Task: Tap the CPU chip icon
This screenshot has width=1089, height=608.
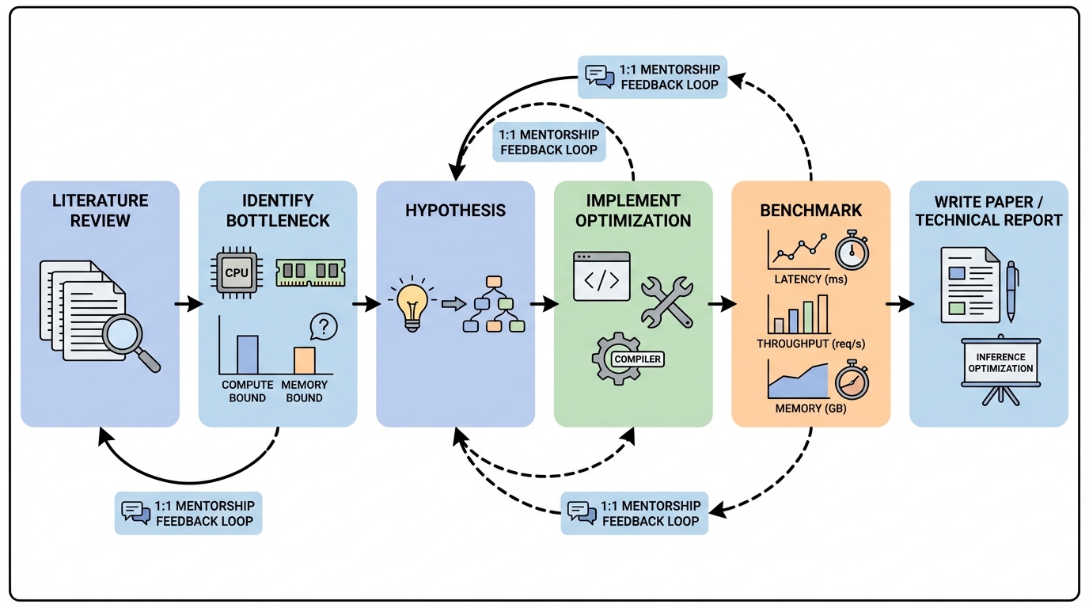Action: point(237,272)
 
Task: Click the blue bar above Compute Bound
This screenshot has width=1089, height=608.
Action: point(248,354)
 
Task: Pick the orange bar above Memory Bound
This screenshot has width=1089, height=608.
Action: point(305,360)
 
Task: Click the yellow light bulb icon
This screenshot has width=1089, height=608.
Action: point(412,305)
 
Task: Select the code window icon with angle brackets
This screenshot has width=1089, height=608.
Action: point(601,276)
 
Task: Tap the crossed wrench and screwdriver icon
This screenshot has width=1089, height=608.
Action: point(666,302)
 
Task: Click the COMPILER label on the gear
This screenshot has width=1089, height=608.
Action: point(637,359)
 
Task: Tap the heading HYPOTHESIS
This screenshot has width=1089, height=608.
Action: point(455,211)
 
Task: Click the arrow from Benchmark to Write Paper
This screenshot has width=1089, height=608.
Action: point(900,305)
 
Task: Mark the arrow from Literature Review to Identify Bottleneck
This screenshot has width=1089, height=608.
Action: point(188,305)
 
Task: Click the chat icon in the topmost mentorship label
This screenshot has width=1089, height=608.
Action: point(599,76)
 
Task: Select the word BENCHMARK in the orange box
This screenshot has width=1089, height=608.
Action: point(811,211)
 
